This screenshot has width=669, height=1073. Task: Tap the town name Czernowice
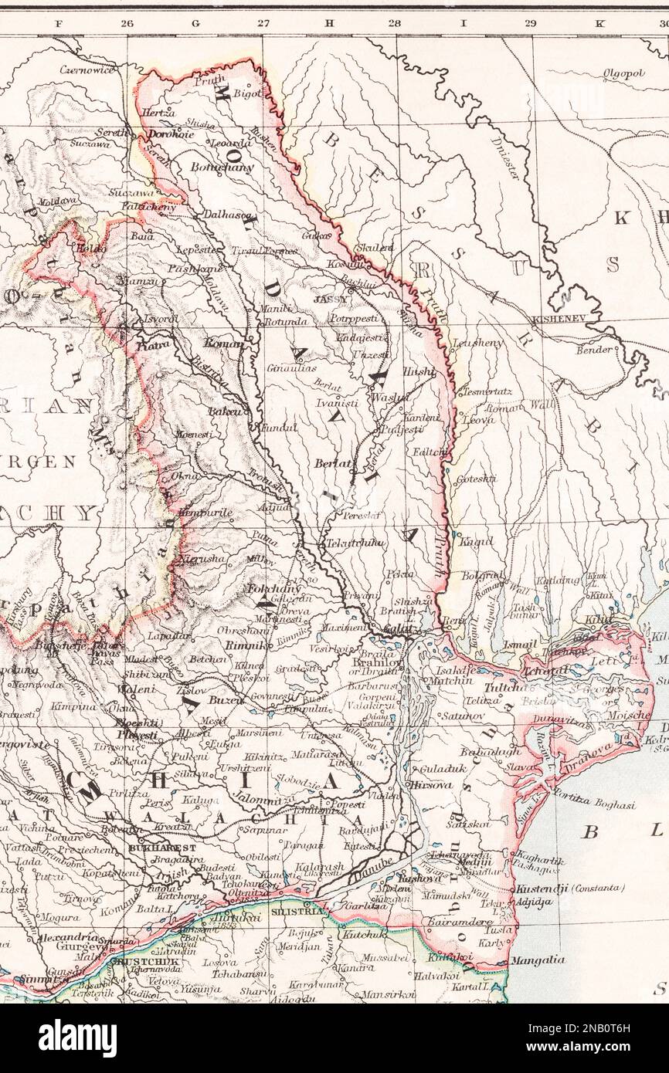pyautogui.click(x=88, y=70)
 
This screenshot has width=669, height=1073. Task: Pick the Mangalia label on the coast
pyautogui.click(x=538, y=960)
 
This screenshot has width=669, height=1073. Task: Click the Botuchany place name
pyautogui.click(x=222, y=166)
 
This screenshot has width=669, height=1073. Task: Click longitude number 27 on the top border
pyautogui.click(x=263, y=23)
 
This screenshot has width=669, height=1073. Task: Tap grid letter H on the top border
pyautogui.click(x=329, y=23)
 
